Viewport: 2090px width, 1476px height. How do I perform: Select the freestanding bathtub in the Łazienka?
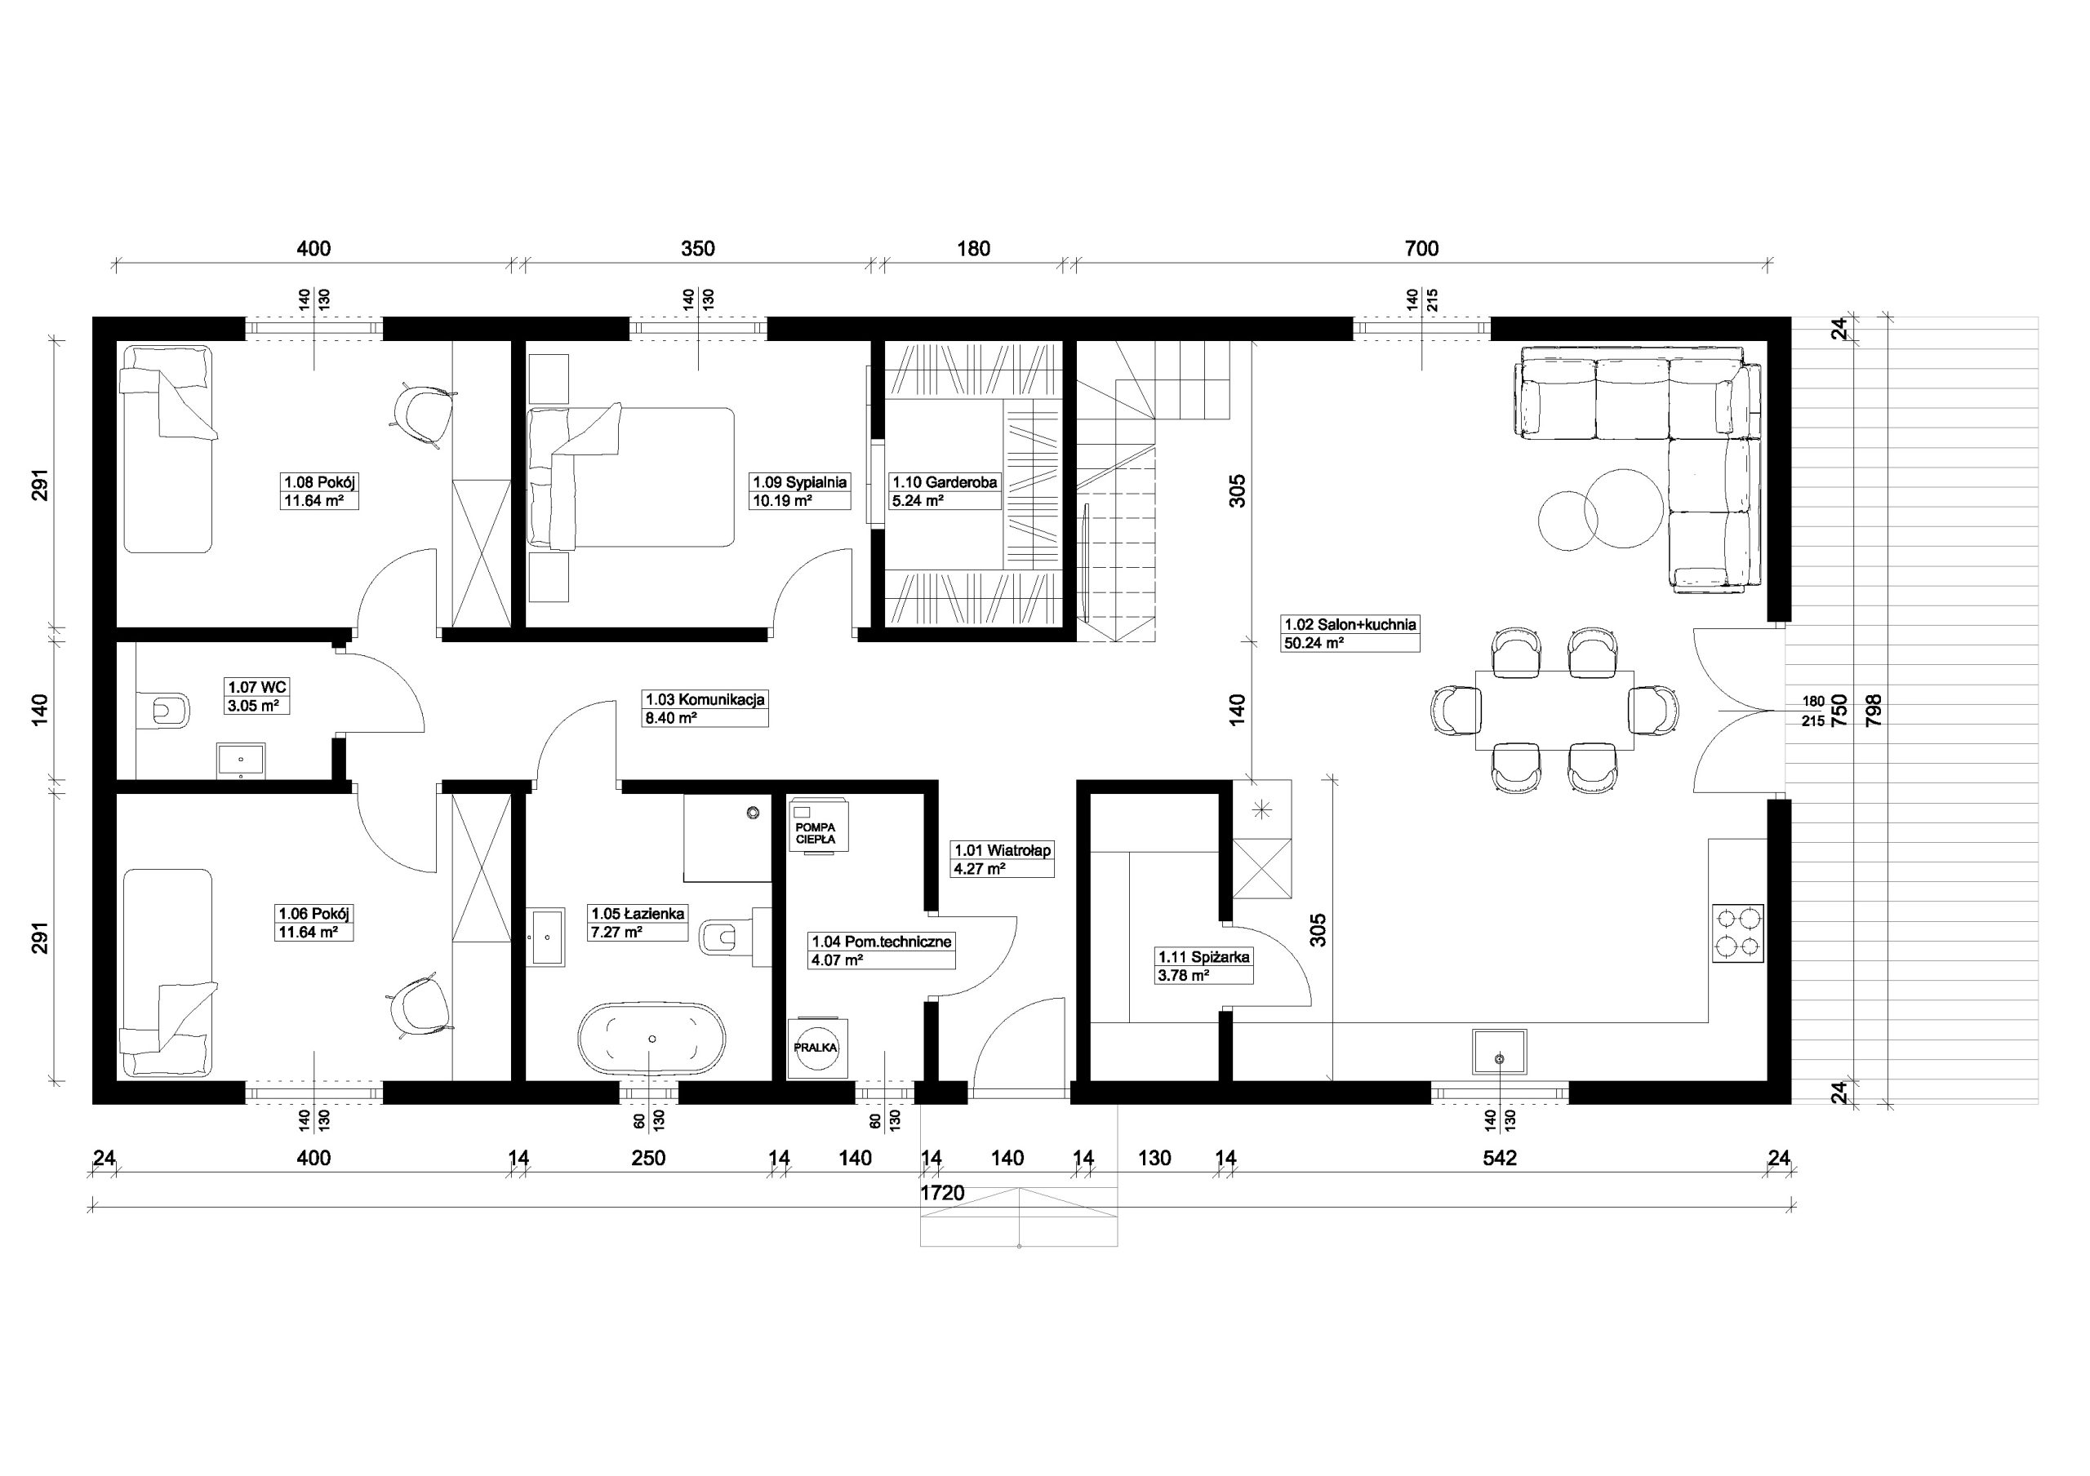651,1039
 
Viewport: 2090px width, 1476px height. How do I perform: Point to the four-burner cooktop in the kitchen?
1738,933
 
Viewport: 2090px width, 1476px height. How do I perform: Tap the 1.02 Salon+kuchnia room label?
1350,625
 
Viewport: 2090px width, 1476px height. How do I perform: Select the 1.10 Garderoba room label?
945,482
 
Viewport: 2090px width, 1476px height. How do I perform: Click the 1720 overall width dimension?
941,1193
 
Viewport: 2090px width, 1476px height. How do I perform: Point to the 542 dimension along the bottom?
1499,1159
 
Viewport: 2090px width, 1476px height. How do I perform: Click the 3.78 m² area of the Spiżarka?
1182,976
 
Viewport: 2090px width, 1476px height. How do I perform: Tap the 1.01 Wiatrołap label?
1003,851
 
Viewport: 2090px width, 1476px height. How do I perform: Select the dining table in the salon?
1554,710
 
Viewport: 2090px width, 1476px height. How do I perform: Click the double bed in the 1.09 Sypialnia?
631,478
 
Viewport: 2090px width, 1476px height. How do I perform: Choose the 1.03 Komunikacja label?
705,700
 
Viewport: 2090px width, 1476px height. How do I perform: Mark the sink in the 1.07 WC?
241,760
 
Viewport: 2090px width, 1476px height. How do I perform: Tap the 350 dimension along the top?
698,248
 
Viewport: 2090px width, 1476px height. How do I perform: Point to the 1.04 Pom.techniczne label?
881,942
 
